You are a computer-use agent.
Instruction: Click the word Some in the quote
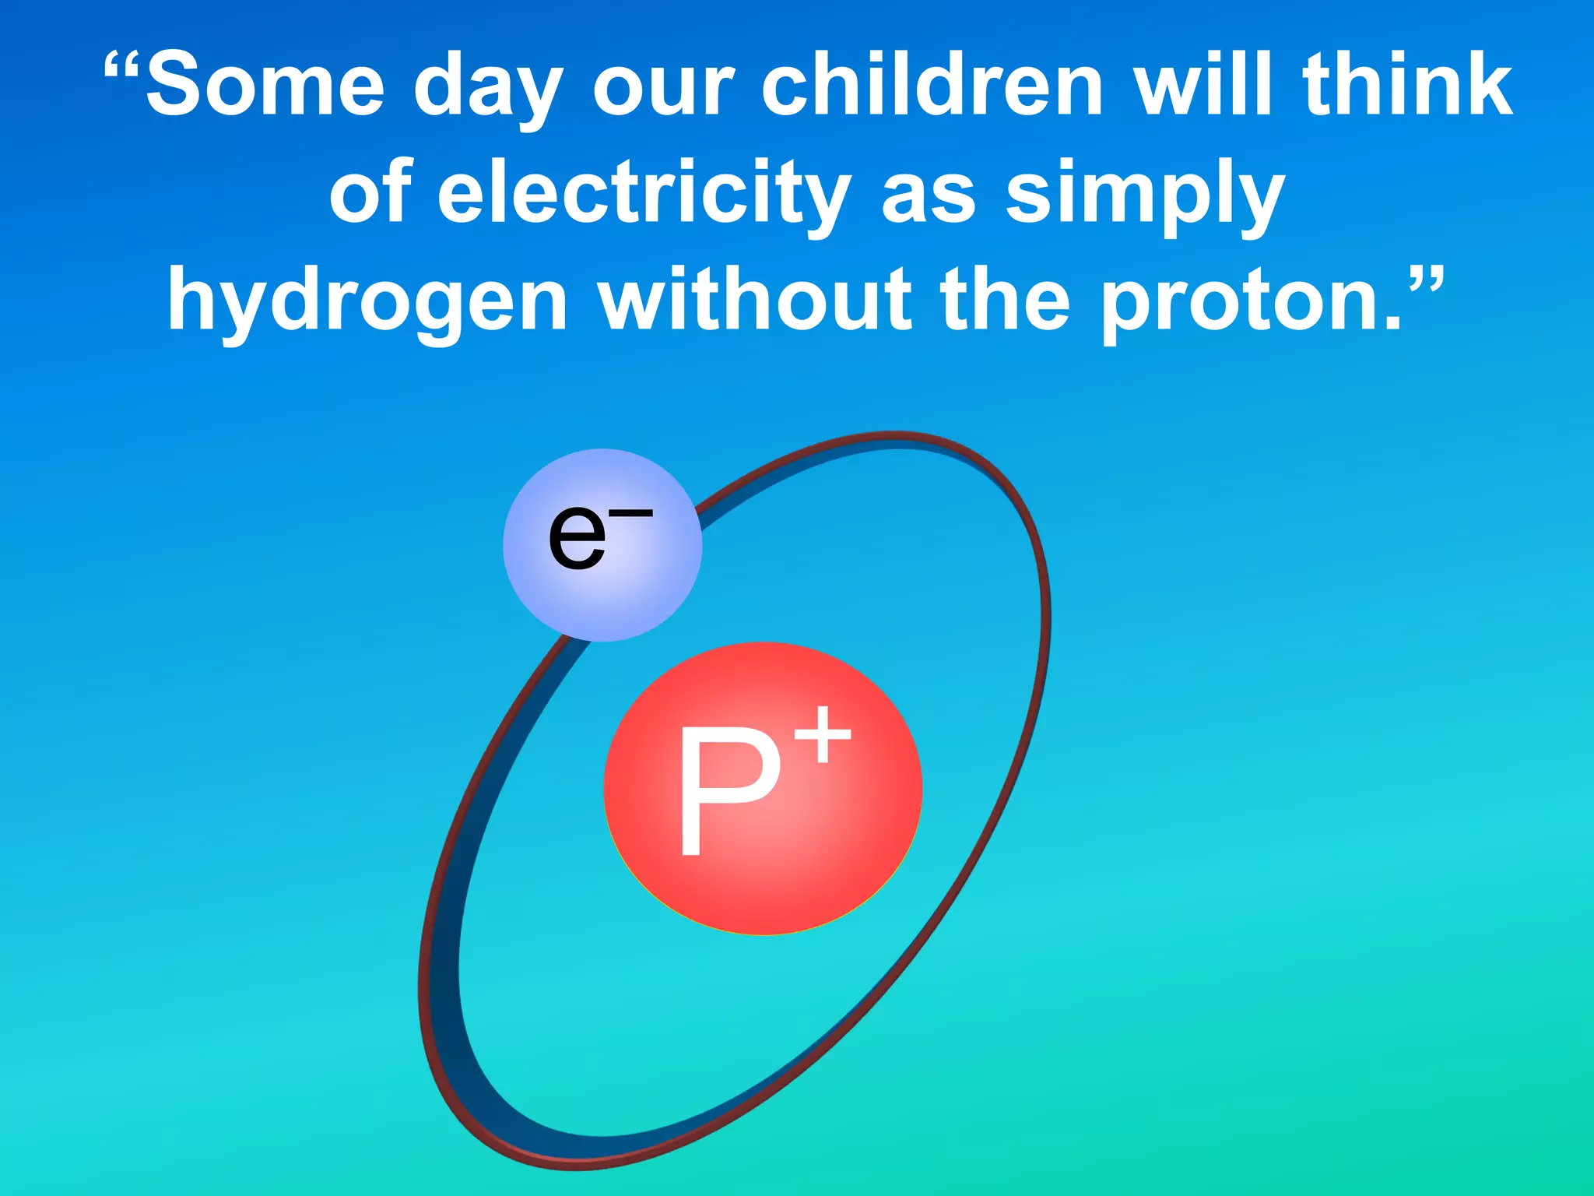[265, 83]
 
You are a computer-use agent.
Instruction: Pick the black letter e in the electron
[577, 537]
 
